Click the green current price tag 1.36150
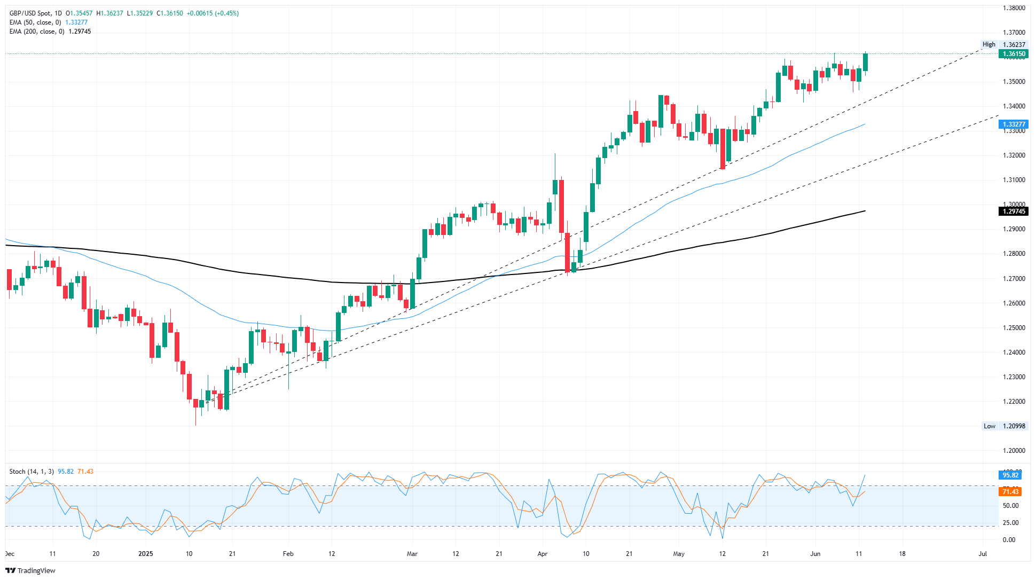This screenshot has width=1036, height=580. pyautogui.click(x=1013, y=54)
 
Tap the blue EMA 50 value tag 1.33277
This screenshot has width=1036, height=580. pyautogui.click(x=1013, y=124)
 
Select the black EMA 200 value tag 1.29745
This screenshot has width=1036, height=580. pyautogui.click(x=1013, y=211)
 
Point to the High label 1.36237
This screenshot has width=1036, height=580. pyautogui.click(x=1004, y=45)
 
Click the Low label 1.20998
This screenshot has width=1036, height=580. pyautogui.click(x=1004, y=426)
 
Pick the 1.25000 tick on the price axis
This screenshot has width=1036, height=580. pyautogui.click(x=1014, y=328)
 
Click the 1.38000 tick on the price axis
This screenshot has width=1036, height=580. pyautogui.click(x=1014, y=8)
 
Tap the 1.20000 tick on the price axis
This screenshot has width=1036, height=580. pyautogui.click(x=1014, y=451)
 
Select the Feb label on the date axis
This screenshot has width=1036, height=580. pyautogui.click(x=288, y=554)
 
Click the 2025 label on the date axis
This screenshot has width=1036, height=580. pyautogui.click(x=145, y=554)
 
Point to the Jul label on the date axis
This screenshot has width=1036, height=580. pyautogui.click(x=982, y=554)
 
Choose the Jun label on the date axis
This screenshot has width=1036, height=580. pyautogui.click(x=815, y=554)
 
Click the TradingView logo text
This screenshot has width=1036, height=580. pyautogui.click(x=30, y=570)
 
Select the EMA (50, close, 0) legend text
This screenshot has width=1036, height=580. pyautogui.click(x=35, y=22)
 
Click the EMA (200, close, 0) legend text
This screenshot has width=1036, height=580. pyautogui.click(x=37, y=32)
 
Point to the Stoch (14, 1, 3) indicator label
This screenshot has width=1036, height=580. pyautogui.click(x=32, y=472)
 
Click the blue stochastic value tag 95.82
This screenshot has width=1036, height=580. pyautogui.click(x=1010, y=475)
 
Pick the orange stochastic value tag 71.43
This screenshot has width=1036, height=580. pyautogui.click(x=1010, y=492)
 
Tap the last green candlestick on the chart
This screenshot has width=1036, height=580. pyautogui.click(x=865, y=62)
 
